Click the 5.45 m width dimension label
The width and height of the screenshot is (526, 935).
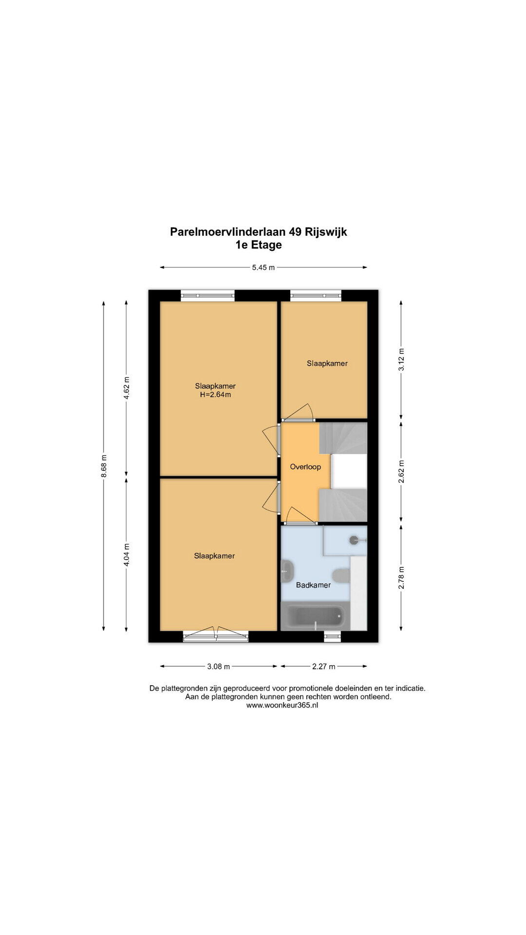pyautogui.click(x=263, y=267)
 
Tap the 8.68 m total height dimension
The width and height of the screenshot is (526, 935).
pyautogui.click(x=104, y=467)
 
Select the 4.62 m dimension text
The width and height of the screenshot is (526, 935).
pyautogui.click(x=127, y=388)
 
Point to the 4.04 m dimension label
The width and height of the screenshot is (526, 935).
pyautogui.click(x=127, y=555)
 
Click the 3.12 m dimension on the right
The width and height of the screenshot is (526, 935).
pyautogui.click(x=401, y=359)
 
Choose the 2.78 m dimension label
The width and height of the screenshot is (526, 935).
pyautogui.click(x=401, y=577)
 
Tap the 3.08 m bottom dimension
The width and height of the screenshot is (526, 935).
pyautogui.click(x=219, y=667)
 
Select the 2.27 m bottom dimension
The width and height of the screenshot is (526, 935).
pyautogui.click(x=323, y=667)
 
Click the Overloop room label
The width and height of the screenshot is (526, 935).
pyautogui.click(x=305, y=467)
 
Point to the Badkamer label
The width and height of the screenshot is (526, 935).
pyautogui.click(x=313, y=585)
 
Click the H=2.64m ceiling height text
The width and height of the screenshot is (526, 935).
pyautogui.click(x=215, y=395)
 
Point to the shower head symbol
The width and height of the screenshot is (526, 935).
pyautogui.click(x=357, y=540)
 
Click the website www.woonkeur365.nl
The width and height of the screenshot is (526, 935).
pyautogui.click(x=282, y=705)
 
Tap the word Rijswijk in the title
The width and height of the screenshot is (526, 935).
pyautogui.click(x=326, y=232)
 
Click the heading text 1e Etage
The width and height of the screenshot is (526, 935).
pyautogui.click(x=259, y=245)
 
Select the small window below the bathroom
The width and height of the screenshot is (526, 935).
pyautogui.click(x=333, y=636)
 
